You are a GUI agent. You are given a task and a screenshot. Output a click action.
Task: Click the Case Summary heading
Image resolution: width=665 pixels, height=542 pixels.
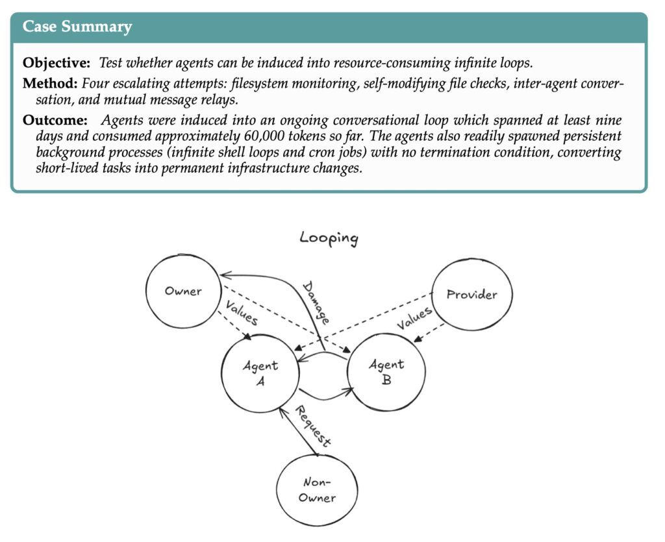77,27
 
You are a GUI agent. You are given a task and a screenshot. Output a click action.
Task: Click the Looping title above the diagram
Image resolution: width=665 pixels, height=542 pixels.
329,238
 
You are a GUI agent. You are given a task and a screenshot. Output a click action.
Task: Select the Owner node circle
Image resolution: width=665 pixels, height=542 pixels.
183,291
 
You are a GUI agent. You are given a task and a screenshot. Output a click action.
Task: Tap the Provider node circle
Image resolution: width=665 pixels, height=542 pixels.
472,295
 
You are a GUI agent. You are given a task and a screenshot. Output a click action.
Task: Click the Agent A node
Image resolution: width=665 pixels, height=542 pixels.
260,373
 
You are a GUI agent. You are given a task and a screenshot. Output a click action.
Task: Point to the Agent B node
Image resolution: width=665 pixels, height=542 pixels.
386,372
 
